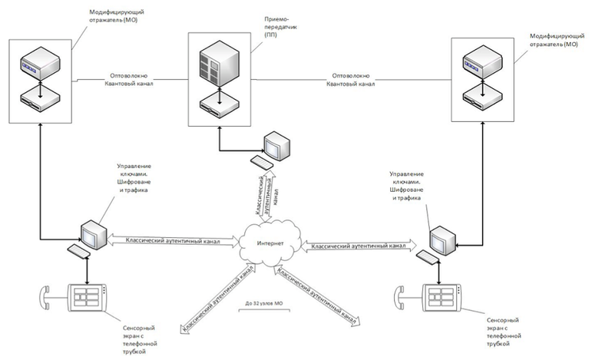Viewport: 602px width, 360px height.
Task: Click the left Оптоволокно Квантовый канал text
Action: click(x=128, y=81)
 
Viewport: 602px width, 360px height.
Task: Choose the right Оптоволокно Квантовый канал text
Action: click(x=350, y=81)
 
